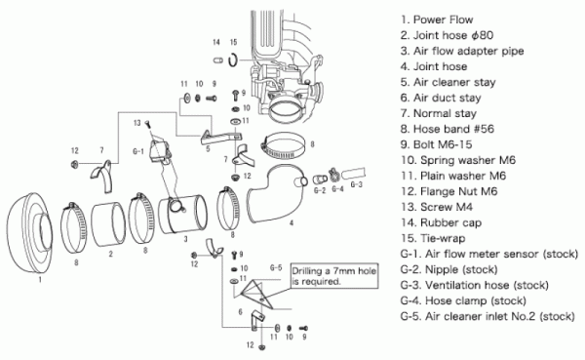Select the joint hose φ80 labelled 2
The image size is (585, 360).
[108, 224]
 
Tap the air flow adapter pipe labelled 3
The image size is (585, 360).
[183, 215]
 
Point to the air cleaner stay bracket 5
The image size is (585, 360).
[221, 137]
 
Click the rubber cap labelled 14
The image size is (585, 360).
[217, 60]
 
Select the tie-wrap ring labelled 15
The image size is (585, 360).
[233, 60]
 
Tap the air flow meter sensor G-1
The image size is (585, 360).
[160, 149]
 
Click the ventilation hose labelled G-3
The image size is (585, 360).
[353, 174]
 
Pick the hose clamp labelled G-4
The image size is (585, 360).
[333, 174]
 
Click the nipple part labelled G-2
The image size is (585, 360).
[319, 179]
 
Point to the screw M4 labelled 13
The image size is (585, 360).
[146, 123]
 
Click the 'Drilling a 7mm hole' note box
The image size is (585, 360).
[334, 276]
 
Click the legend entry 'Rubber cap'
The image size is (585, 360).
[441, 223]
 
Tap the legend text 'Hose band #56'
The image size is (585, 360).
[448, 129]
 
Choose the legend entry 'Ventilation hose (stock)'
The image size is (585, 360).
[475, 285]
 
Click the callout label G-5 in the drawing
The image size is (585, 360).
[276, 268]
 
